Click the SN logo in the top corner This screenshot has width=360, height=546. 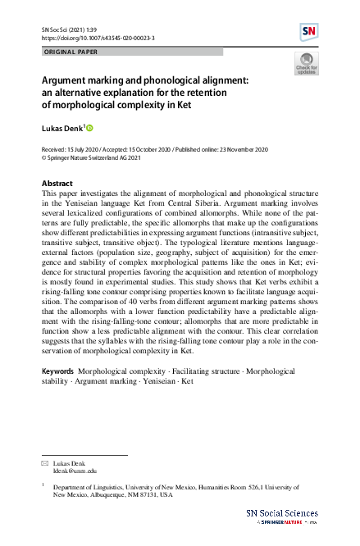308,32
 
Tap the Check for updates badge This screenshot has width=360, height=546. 306,64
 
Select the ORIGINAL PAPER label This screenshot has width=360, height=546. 69,52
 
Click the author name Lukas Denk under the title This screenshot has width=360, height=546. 62,128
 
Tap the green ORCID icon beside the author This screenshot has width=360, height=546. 89,128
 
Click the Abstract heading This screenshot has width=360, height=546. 57,183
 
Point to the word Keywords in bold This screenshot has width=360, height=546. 58,371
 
